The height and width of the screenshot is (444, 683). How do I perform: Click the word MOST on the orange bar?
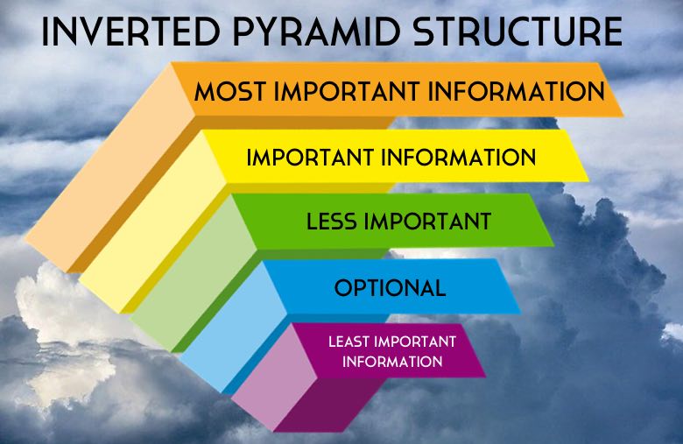230,91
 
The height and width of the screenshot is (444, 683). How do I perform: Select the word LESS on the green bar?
334,222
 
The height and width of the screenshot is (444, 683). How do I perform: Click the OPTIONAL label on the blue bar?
390,287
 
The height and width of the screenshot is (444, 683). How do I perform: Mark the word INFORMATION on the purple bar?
391,361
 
